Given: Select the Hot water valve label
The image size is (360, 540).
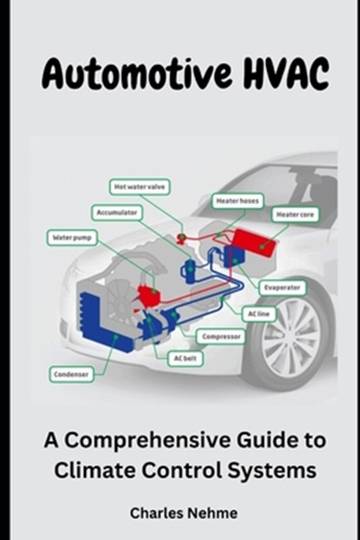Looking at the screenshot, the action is (x=140, y=187).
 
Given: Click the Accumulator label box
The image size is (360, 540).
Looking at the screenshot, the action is (x=117, y=213).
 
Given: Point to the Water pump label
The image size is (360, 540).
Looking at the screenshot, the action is (x=72, y=237).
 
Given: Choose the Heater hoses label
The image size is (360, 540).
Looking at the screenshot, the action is (x=238, y=201).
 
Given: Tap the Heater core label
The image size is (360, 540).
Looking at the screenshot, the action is (x=295, y=214).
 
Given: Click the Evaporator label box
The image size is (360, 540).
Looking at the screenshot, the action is (x=282, y=287).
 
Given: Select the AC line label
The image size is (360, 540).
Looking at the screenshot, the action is (x=259, y=314).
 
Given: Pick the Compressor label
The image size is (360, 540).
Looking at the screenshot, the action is (x=221, y=336).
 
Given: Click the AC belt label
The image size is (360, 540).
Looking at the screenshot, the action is (x=185, y=359).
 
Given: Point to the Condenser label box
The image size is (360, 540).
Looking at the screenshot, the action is (x=71, y=374).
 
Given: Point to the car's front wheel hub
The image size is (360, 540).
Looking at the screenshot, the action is (x=291, y=339).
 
